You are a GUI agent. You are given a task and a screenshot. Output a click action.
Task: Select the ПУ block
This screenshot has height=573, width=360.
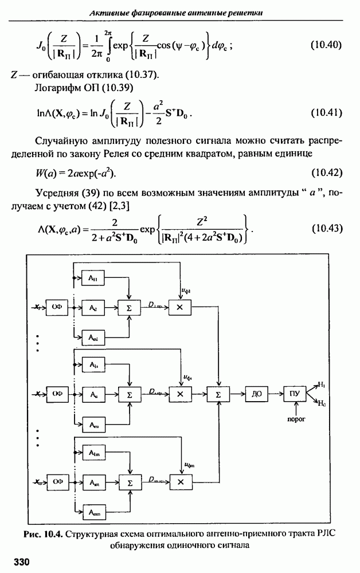tap(294, 394)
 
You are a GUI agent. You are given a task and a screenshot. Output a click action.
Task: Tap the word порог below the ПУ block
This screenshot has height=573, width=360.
tap(295, 419)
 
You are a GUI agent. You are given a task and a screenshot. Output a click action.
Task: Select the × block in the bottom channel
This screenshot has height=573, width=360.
tap(181, 482)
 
